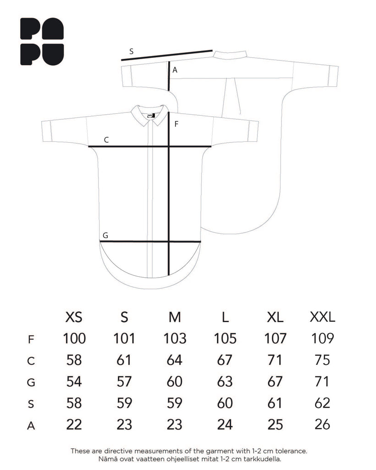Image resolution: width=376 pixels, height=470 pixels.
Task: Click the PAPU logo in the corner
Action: [x=42, y=42]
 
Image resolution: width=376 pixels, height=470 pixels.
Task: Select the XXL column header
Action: [x=322, y=317]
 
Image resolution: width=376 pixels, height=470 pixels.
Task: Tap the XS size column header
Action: [x=74, y=317]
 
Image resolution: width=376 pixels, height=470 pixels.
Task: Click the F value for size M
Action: [x=175, y=338]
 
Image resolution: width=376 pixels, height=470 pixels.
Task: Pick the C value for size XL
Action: [x=275, y=360]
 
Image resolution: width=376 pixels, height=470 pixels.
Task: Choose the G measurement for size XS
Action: [x=74, y=381]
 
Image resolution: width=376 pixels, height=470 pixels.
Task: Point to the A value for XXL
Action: [x=322, y=425]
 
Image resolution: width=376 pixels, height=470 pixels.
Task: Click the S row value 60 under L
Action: [x=225, y=403]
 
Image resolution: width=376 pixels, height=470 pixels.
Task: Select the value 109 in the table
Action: [x=322, y=338]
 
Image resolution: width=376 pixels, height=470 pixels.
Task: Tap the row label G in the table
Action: [x=31, y=382]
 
